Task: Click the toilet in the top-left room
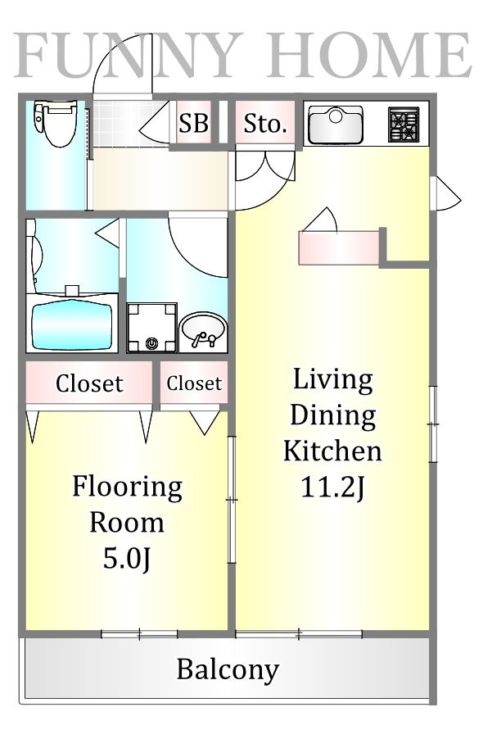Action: tap(55, 124)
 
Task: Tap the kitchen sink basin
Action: tap(336, 125)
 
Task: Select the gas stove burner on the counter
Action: tap(404, 125)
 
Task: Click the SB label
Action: tap(193, 123)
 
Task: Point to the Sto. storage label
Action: tap(265, 124)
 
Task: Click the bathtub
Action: tap(72, 325)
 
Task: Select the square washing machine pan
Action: tap(151, 328)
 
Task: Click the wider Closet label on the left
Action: tap(89, 383)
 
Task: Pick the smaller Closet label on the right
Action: tap(194, 383)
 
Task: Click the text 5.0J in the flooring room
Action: tap(127, 559)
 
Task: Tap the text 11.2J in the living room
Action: tap(332, 487)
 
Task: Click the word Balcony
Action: tap(228, 669)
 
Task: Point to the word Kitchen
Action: tap(332, 451)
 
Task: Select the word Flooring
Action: tap(127, 487)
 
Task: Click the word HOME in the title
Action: tap(368, 55)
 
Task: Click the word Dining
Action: tap(333, 416)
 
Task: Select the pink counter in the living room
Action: tap(339, 247)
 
